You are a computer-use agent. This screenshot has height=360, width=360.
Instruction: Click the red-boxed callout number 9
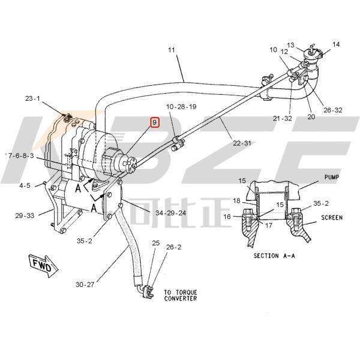(155, 122)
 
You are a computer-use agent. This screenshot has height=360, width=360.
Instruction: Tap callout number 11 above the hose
(172, 50)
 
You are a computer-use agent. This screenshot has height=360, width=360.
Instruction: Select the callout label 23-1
(32, 98)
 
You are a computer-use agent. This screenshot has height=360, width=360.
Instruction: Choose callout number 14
(335, 44)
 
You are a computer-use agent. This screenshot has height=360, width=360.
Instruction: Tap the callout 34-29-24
(171, 212)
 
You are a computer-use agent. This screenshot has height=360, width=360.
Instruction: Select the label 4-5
(24, 185)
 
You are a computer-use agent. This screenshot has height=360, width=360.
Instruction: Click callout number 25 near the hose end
(155, 243)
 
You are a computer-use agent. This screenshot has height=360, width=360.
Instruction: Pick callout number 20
(311, 117)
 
